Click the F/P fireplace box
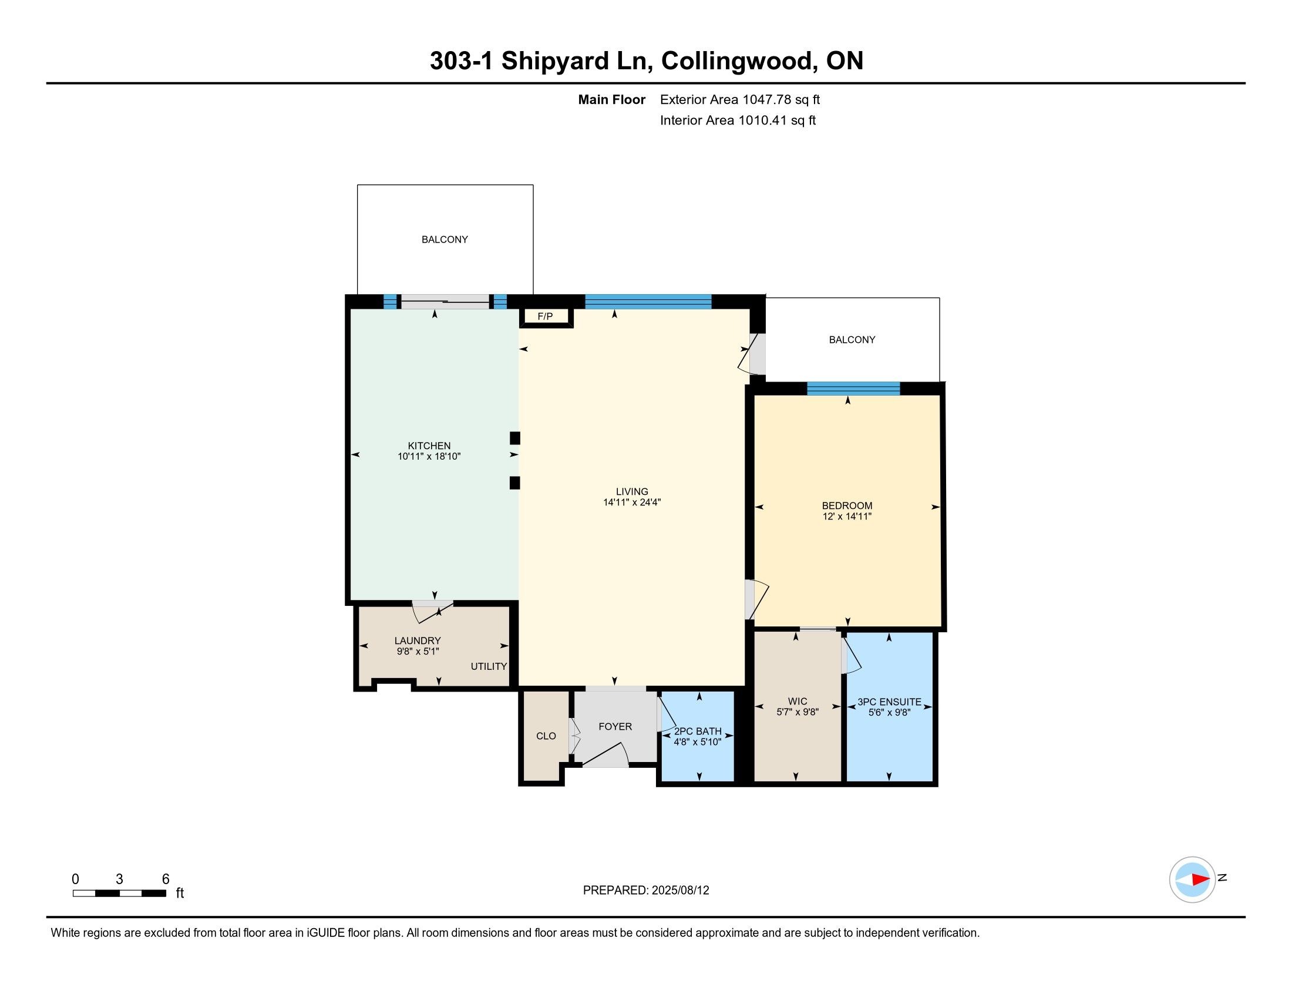pos(546,316)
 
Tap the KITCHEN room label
pos(429,446)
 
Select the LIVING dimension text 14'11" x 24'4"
pos(632,503)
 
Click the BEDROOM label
pos(847,505)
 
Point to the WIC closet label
pos(798,701)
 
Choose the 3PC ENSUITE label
pos(889,702)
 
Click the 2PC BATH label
pos(698,731)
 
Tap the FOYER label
pos(615,727)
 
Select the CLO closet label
pos(546,736)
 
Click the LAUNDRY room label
pos(418,640)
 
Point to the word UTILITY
pos(489,666)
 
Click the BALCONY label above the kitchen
pos(445,240)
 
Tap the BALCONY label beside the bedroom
pos(852,339)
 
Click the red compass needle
pos(1200,879)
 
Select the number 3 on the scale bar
pos(119,879)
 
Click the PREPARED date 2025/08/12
pos(680,890)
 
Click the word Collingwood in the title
pos(736,61)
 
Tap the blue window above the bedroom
pos(854,389)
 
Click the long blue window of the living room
pos(648,302)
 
